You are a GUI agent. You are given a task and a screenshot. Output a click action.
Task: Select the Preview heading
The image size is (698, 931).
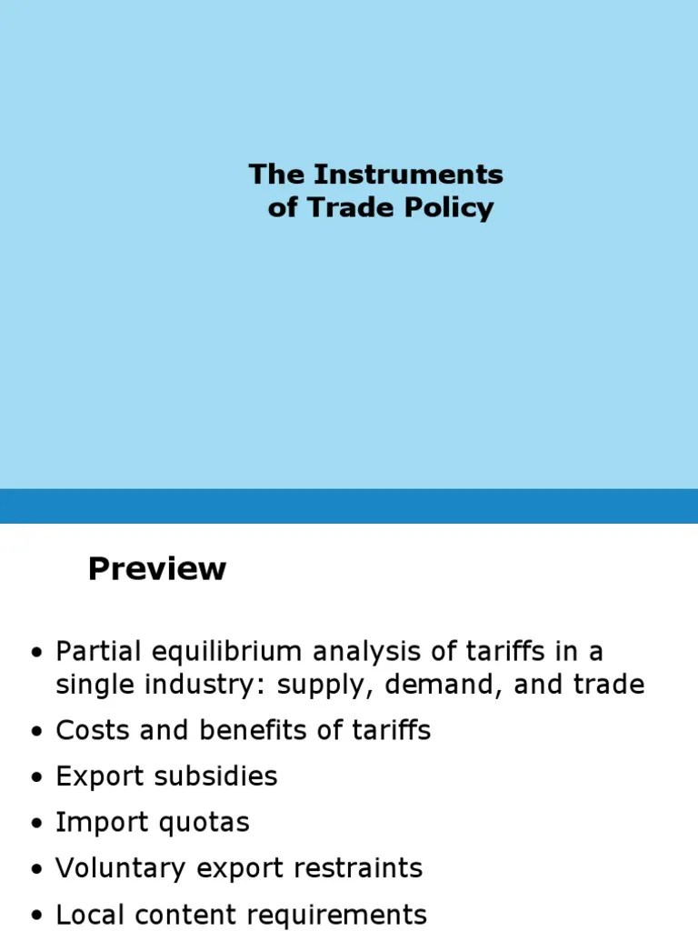click(156, 569)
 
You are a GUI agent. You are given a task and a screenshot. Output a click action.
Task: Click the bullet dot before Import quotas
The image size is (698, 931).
click(36, 825)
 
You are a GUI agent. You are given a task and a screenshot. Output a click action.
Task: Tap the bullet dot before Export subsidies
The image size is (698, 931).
click(36, 778)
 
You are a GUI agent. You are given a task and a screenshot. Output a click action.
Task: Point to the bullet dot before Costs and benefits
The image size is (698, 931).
click(36, 732)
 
